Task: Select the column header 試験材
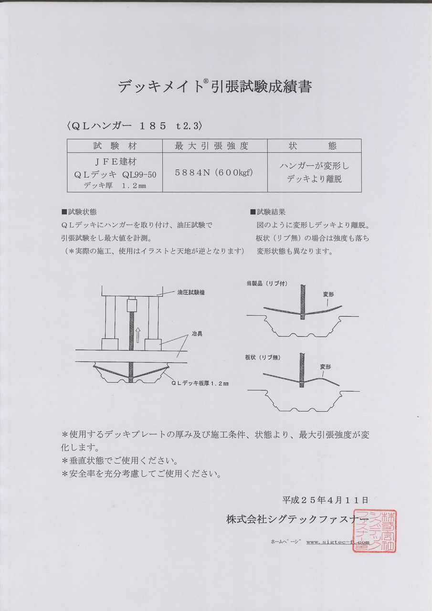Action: click(115, 146)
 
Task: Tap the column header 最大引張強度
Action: click(211, 146)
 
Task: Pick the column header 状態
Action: click(313, 146)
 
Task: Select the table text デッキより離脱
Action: click(314, 179)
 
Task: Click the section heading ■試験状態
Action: click(79, 211)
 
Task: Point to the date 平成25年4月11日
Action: click(325, 500)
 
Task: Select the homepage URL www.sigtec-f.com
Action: click(337, 542)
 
